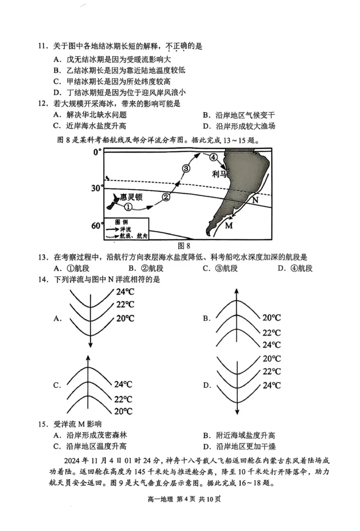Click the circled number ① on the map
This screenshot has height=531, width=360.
(x=128, y=207)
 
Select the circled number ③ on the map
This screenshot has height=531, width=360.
(x=186, y=168)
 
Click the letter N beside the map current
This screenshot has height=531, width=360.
(x=255, y=200)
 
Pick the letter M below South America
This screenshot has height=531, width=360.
(x=229, y=225)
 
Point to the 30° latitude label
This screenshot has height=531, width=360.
(x=98, y=188)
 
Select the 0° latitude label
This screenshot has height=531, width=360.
(x=98, y=153)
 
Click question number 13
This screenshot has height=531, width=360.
(x=43, y=257)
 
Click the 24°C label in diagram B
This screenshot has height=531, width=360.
(x=271, y=345)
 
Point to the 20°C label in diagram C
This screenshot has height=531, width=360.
(x=123, y=411)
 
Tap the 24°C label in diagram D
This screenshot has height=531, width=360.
(x=271, y=385)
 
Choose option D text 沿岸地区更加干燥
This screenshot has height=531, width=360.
(x=246, y=446)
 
